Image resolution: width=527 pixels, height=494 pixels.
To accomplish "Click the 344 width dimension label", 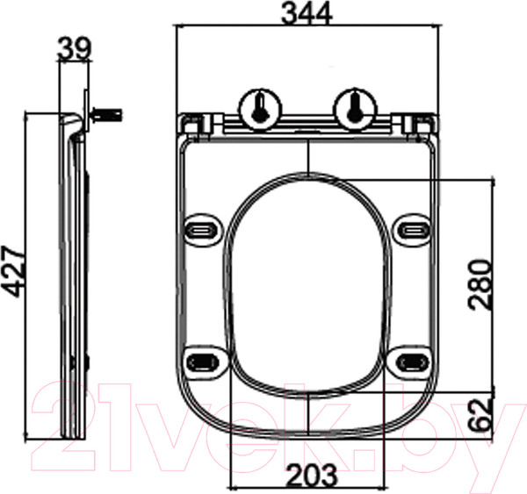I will (307, 13).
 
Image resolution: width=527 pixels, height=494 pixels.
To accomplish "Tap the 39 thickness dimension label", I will (74, 49).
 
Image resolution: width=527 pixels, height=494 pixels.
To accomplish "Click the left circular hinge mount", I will (261, 107).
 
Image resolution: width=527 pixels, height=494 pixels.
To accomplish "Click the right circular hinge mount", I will (355, 107).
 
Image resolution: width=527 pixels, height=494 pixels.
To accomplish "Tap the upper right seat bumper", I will (412, 230).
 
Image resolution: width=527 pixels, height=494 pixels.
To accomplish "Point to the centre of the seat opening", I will (308, 285).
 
